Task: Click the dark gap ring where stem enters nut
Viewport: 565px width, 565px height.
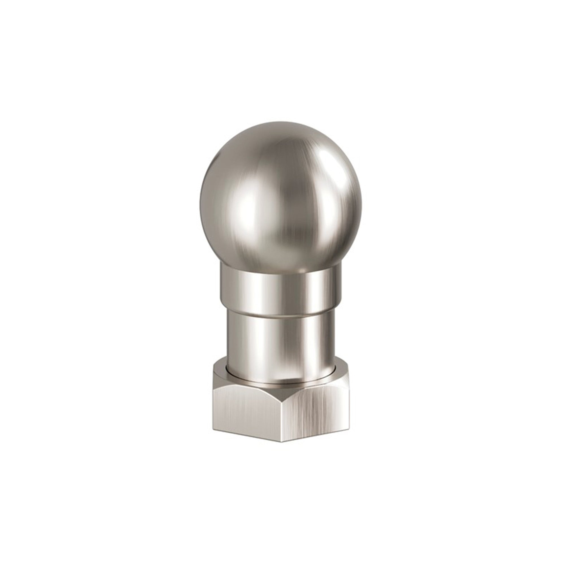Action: [281, 382]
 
